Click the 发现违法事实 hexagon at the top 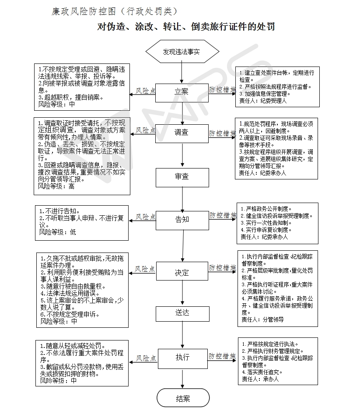pyautogui.click(x=182, y=52)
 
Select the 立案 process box pyautogui.click(x=182, y=92)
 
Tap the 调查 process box pyautogui.click(x=182, y=133)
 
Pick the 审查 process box pyautogui.click(x=182, y=177)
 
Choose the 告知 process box pyautogui.click(x=182, y=219)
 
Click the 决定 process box pyautogui.click(x=182, y=272)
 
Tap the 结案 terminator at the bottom pyautogui.click(x=182, y=398)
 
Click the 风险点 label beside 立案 pyautogui.click(x=146, y=91)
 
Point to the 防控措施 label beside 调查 pyautogui.click(x=223, y=133)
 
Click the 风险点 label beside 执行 pyautogui.click(x=146, y=358)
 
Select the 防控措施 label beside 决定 pyautogui.click(x=223, y=267)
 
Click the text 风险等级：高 pyautogui.click(x=56, y=186)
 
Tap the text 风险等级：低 pyautogui.click(x=57, y=232)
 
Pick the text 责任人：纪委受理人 pyautogui.click(x=262, y=100)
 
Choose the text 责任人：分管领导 pyautogui.click(x=262, y=319)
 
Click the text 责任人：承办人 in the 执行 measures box pyautogui.click(x=259, y=379)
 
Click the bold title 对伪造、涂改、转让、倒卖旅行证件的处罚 pyautogui.click(x=186, y=27)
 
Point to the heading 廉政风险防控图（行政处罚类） pyautogui.click(x=115, y=11)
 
